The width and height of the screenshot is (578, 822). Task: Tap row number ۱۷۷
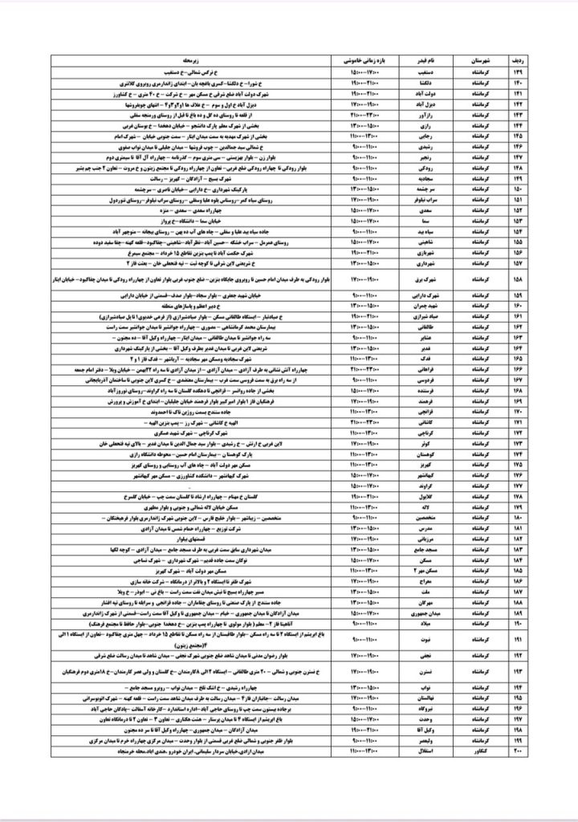point(527,486)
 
